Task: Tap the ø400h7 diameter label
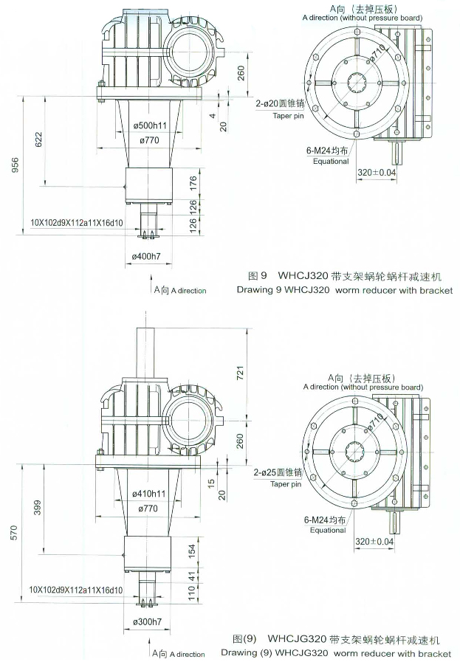147,255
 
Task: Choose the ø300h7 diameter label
147,622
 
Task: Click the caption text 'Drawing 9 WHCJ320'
282,291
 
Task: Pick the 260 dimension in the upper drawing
241,72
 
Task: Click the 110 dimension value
193,592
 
